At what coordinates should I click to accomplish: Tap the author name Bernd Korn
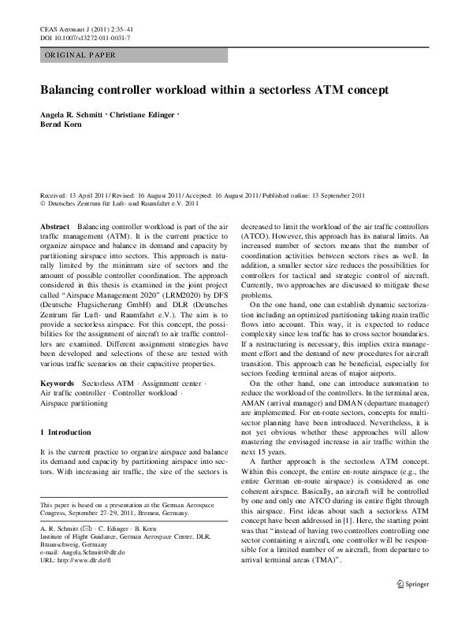point(61,124)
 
